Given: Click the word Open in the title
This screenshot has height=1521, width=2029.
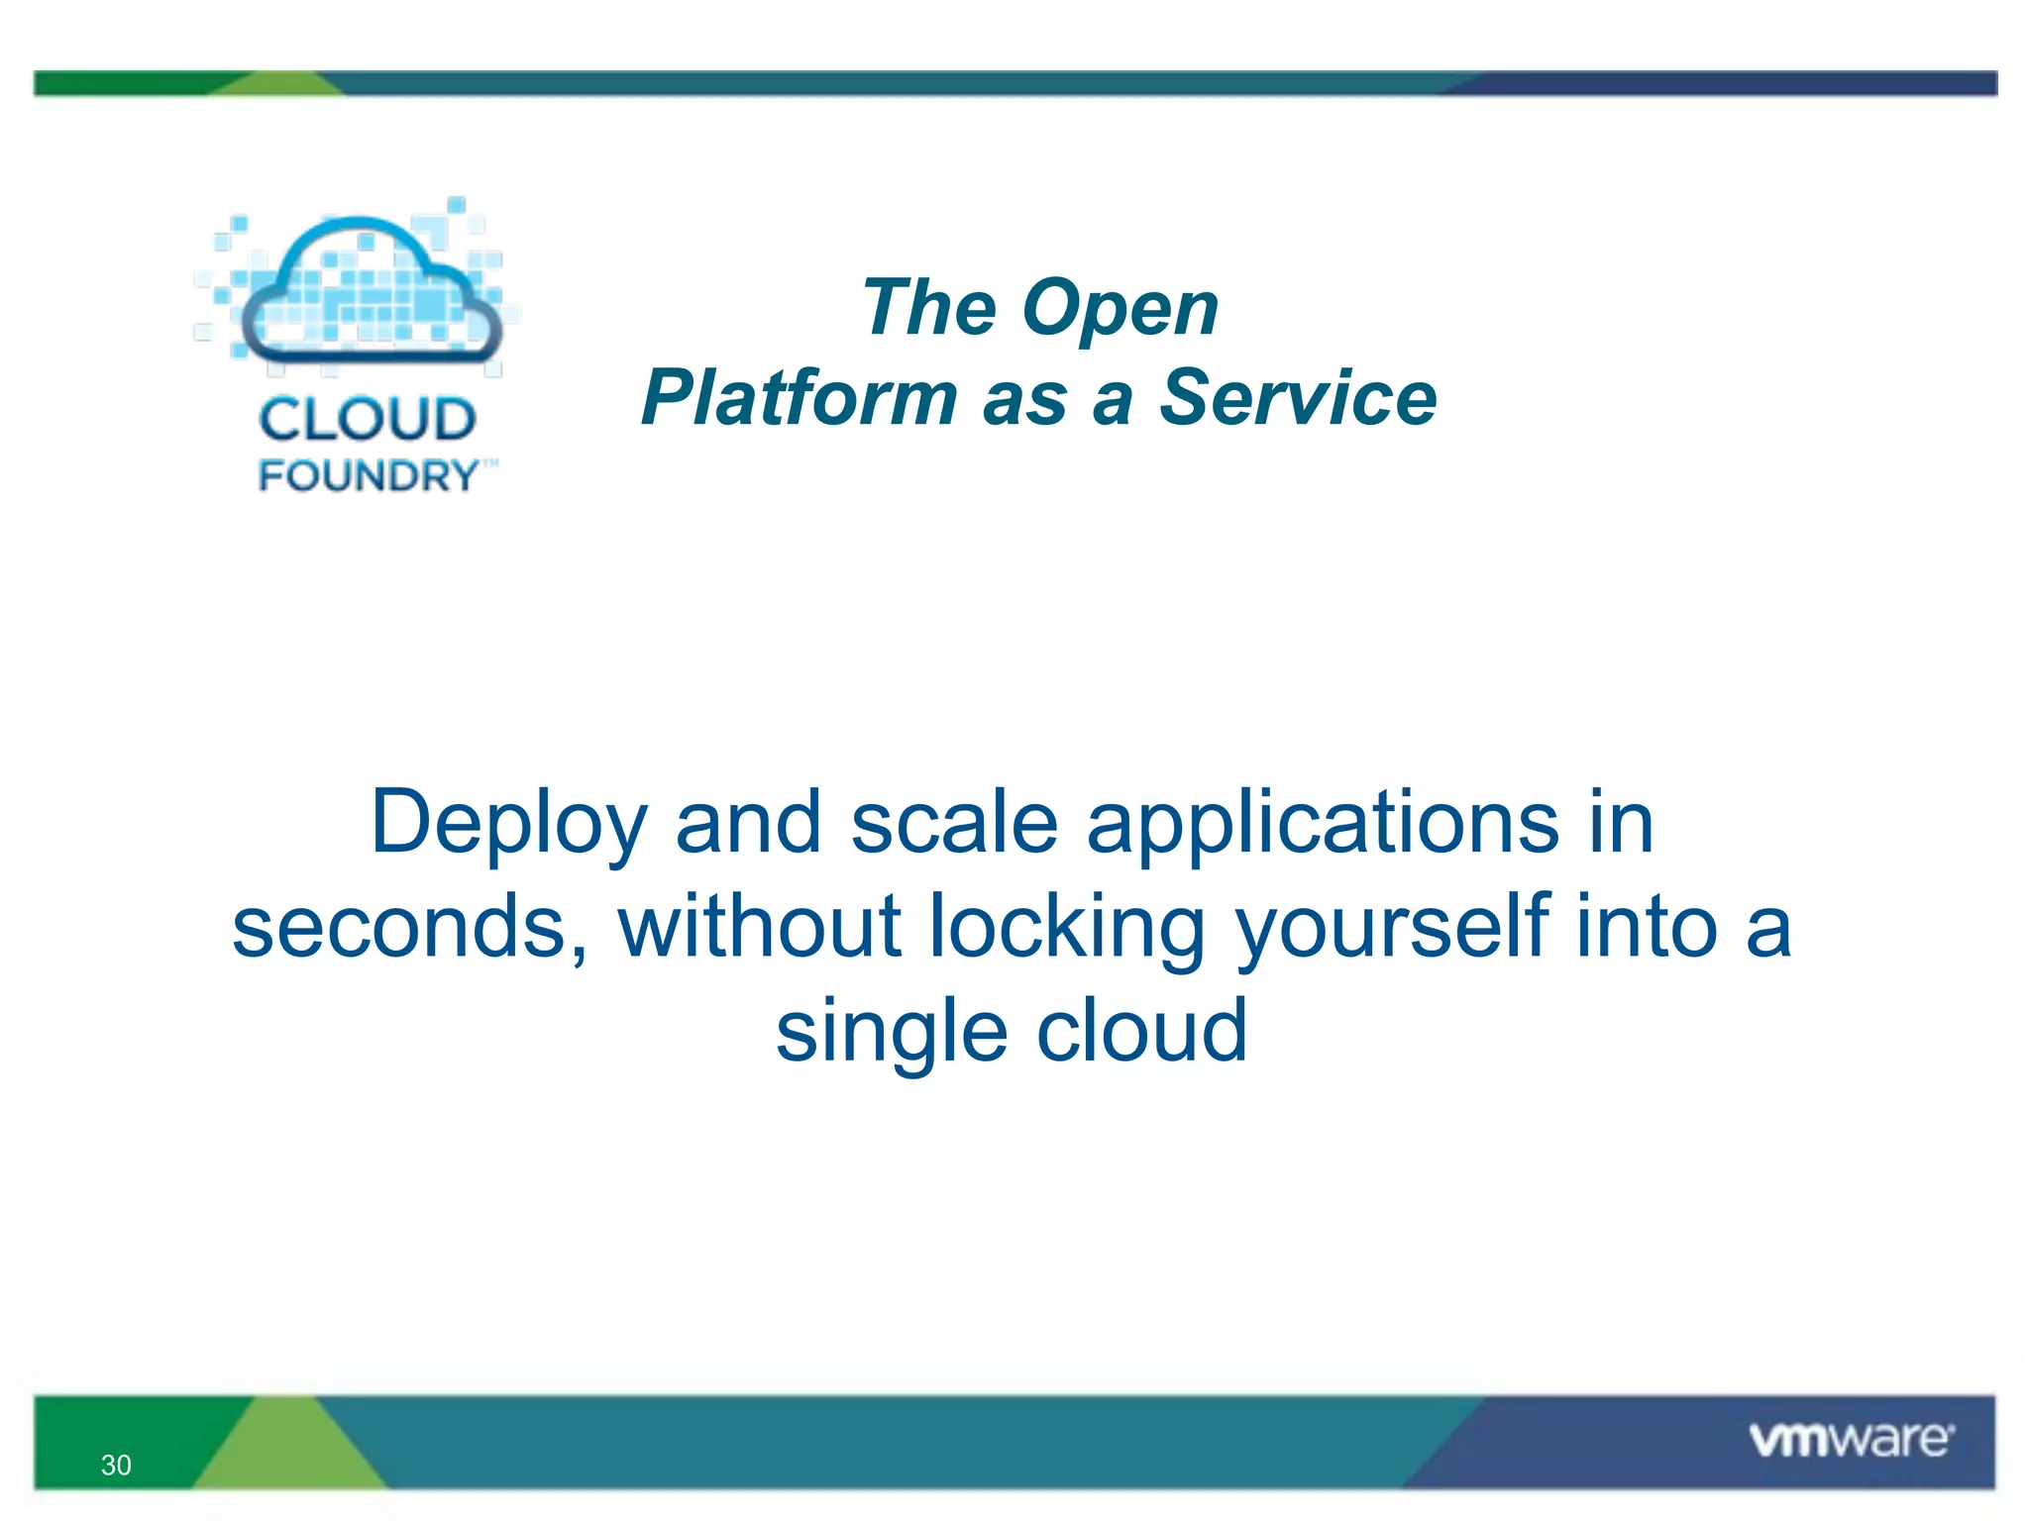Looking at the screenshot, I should pos(1120,309).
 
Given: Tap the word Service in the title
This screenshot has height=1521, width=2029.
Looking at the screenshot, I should pos(1298,398).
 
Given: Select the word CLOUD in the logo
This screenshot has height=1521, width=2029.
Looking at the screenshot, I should pos(368,419).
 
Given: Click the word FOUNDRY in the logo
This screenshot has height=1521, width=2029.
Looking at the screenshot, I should pos(369,476).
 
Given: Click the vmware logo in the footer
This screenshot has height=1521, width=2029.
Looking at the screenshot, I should pos(1851,1439).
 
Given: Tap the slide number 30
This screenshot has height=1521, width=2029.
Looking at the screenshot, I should pos(116,1465).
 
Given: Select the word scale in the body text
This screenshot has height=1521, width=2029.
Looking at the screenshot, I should pos(954,824).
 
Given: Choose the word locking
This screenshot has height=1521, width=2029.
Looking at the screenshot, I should pos(1067,928).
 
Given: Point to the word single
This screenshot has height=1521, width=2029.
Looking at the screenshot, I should pos(891,1033).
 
